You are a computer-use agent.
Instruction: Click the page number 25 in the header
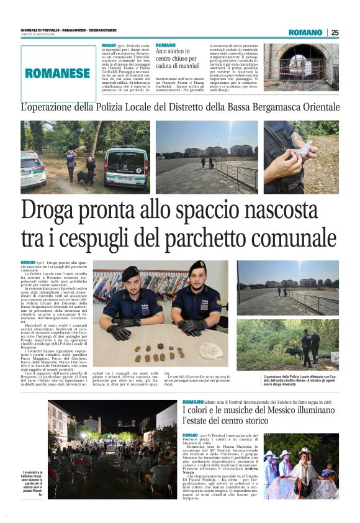pyautogui.click(x=335, y=32)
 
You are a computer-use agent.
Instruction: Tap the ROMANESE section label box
pyautogui.click(x=57, y=73)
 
